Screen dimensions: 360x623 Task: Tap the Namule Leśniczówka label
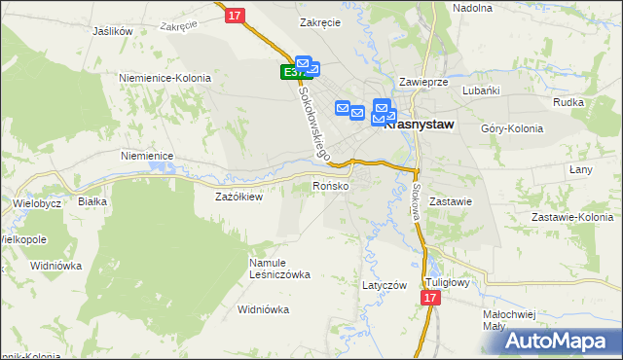click(278, 268)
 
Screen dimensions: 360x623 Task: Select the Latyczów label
click(384, 285)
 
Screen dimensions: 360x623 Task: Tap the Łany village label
click(581, 169)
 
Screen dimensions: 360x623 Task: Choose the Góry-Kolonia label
click(512, 128)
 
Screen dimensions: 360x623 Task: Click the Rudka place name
click(568, 102)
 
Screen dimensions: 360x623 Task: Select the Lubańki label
click(482, 90)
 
